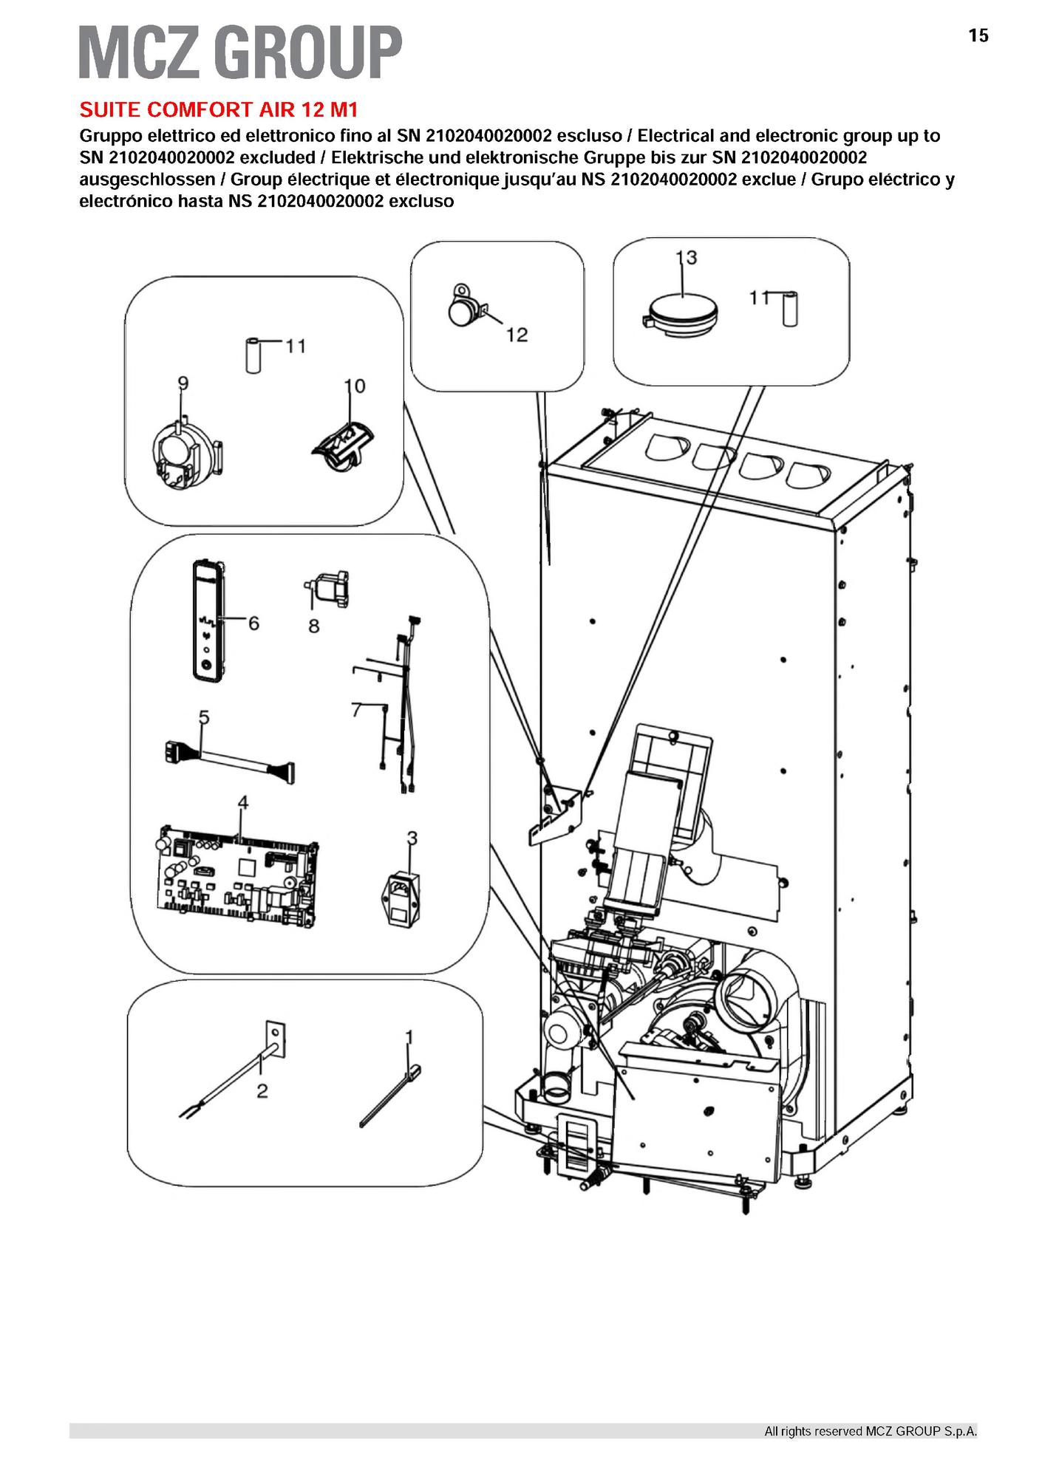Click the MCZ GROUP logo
click(240, 52)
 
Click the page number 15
click(978, 35)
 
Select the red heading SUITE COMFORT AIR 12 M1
click(219, 110)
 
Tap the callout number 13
click(687, 258)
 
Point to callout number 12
click(517, 335)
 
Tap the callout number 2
click(262, 1091)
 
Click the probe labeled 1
click(389, 1096)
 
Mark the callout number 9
click(183, 383)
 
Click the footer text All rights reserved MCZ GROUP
click(870, 1432)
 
